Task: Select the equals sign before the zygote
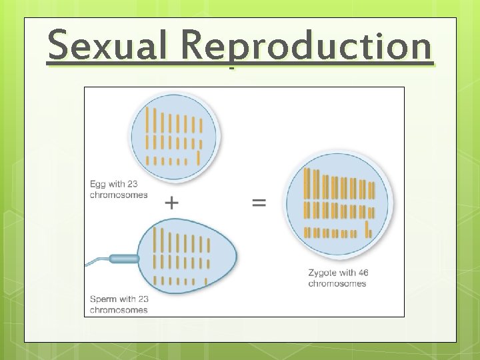click(259, 202)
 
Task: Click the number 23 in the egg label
click(138, 184)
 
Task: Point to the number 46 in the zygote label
click(363, 273)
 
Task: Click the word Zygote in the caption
click(323, 273)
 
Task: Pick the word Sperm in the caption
click(104, 299)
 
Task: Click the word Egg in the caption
click(98, 184)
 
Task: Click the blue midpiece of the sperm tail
click(124, 258)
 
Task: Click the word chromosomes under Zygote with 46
click(337, 283)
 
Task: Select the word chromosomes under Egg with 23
click(119, 195)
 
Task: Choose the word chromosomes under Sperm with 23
click(119, 309)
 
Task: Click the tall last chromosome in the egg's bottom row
click(199, 157)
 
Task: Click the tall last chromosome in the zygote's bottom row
click(367, 229)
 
